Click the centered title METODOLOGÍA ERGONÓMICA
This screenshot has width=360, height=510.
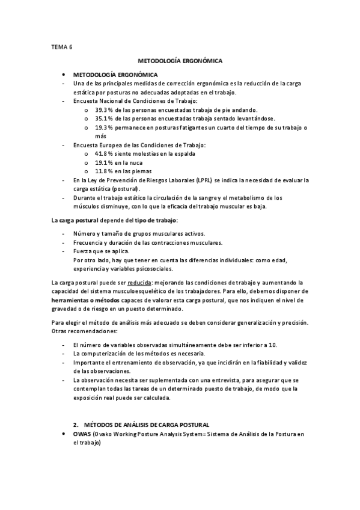point(180,61)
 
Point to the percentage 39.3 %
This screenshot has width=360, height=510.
point(103,110)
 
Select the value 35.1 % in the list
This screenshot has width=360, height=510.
point(103,118)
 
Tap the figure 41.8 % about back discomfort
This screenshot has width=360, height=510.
point(103,154)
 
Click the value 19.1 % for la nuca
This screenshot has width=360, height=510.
point(103,162)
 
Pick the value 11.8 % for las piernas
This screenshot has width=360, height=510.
point(103,171)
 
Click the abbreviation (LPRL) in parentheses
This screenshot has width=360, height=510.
point(204,180)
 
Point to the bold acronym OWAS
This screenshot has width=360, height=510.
point(81,434)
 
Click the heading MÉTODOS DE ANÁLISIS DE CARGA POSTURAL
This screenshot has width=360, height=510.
point(147,425)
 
